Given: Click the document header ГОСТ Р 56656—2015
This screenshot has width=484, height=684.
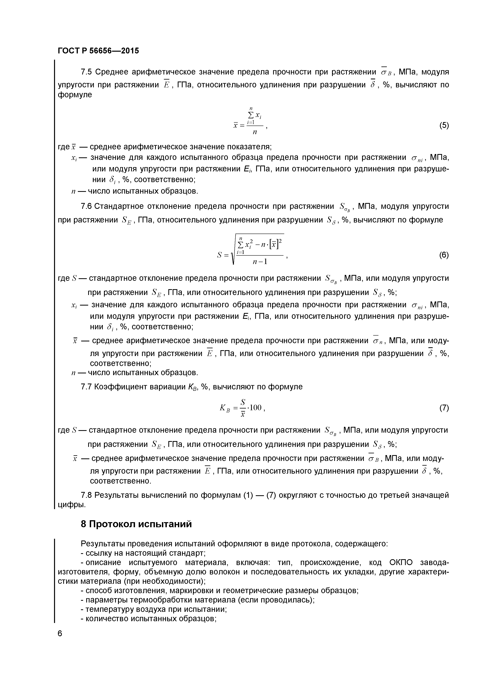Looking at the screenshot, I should [x=98, y=51].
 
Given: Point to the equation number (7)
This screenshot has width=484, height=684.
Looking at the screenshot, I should [x=444, y=408].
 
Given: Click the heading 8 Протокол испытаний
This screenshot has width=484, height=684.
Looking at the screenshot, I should [x=136, y=524].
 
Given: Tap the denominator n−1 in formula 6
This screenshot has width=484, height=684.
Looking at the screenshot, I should [x=260, y=261].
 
